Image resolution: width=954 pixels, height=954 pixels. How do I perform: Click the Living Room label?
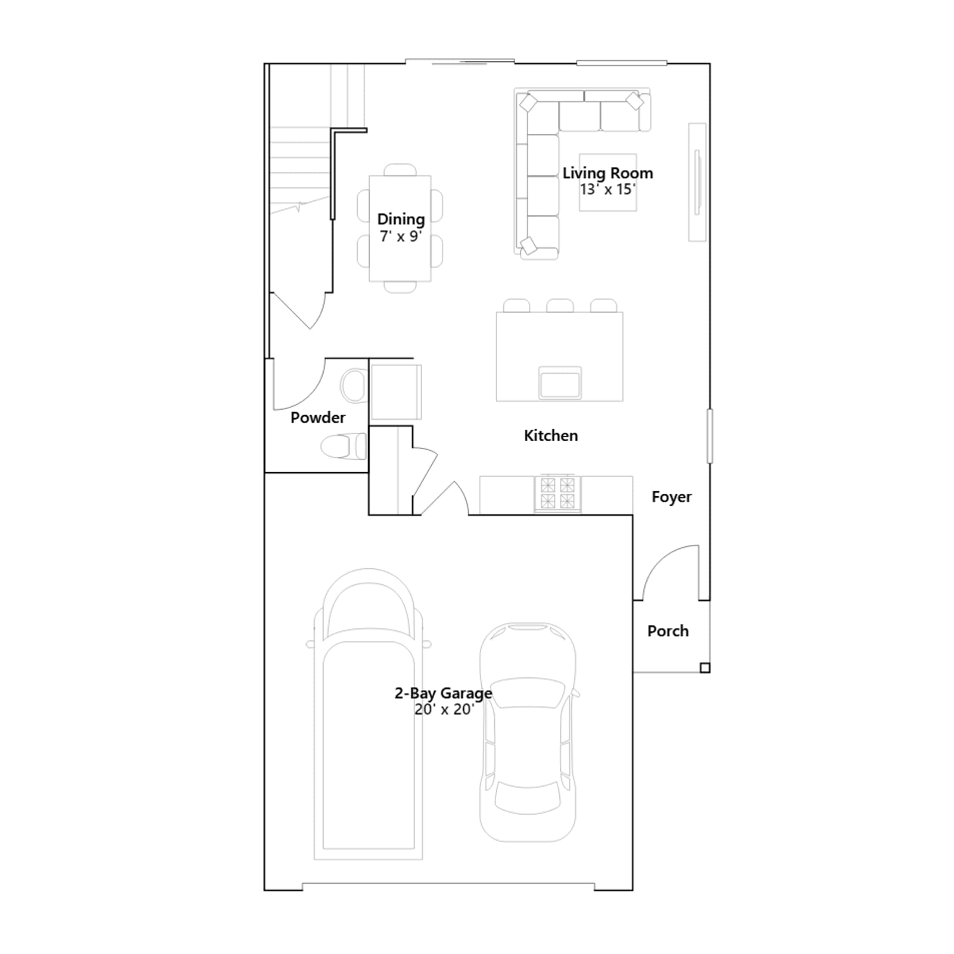(x=608, y=173)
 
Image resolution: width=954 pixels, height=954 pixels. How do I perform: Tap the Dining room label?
(x=401, y=219)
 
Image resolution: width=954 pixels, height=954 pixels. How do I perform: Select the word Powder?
(x=318, y=417)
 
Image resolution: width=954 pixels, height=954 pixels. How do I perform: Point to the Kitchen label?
(x=551, y=436)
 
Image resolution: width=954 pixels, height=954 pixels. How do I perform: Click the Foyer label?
(x=671, y=497)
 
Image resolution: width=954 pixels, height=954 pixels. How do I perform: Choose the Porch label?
(x=668, y=631)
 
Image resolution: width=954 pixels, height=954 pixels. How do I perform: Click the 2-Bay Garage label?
(x=444, y=693)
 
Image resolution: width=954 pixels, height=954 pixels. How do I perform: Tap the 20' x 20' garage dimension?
(x=444, y=710)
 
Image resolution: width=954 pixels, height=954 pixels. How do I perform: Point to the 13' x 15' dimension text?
(x=608, y=189)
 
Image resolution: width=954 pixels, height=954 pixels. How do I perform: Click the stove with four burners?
(x=557, y=494)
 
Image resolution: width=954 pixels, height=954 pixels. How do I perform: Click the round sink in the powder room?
(x=354, y=385)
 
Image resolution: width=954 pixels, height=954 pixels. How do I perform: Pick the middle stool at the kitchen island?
(x=560, y=306)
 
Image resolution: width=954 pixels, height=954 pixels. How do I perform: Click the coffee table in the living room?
(x=608, y=182)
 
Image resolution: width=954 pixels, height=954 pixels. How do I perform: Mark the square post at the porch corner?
(x=705, y=668)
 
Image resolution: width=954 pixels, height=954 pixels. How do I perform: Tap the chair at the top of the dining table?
(x=400, y=170)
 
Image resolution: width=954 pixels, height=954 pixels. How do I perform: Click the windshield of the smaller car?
(x=528, y=693)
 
